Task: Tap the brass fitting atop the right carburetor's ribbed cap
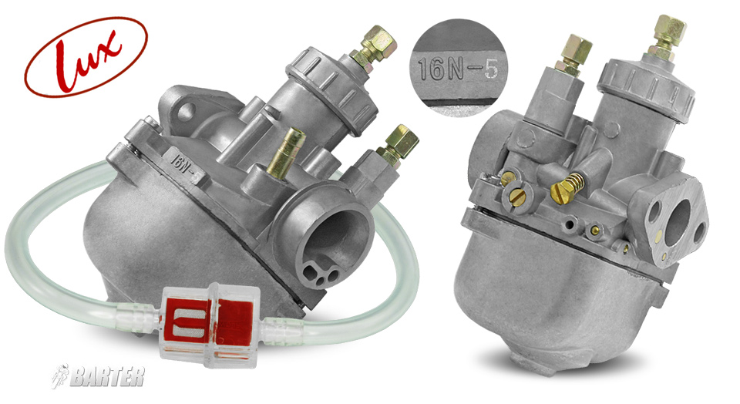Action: [x=667, y=35]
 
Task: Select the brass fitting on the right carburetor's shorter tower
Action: [x=577, y=54]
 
